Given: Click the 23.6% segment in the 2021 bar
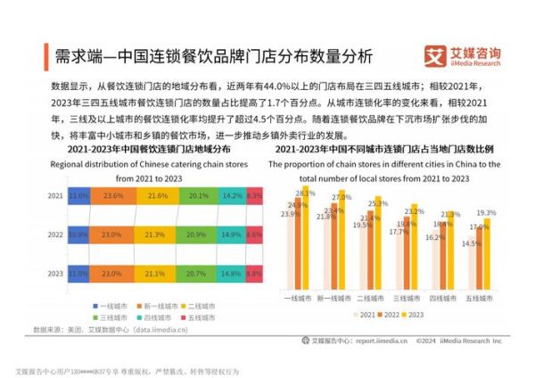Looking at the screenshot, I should (x=112, y=194).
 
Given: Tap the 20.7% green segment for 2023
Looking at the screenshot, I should (x=198, y=274).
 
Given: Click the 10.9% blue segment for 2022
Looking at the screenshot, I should (x=78, y=234).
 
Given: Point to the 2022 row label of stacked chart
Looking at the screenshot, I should (x=55, y=234).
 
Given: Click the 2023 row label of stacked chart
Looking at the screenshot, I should (x=55, y=274).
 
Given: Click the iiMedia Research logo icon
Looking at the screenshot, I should (x=437, y=55).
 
